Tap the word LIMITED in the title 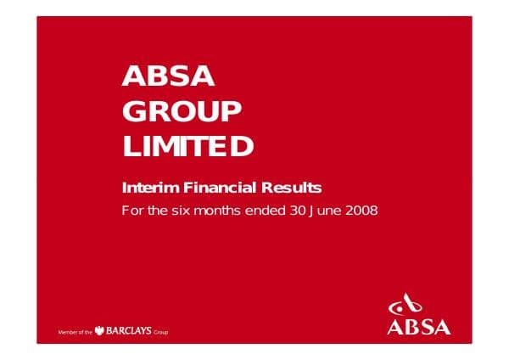click(188, 147)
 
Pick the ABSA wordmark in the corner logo click(418, 325)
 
